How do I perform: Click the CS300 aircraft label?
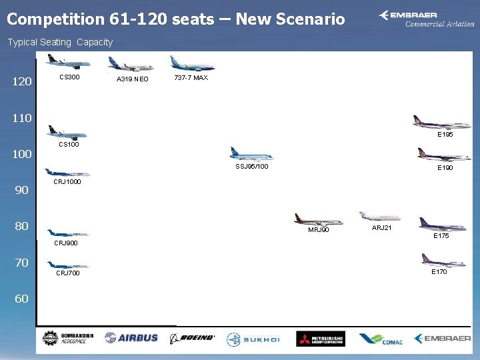[x=69, y=77]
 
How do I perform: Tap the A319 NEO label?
[x=133, y=80]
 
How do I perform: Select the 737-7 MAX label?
[x=191, y=77]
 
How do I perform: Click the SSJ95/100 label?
[x=252, y=167]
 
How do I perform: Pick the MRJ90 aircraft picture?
[x=318, y=219]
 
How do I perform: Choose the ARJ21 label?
[x=382, y=228]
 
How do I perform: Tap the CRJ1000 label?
[x=67, y=181]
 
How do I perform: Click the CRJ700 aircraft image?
[x=68, y=264]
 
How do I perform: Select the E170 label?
[x=439, y=272]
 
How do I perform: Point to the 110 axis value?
[x=22, y=119]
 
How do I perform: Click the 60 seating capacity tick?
[x=22, y=299]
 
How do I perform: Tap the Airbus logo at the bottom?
[x=131, y=338]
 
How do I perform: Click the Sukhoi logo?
[x=253, y=339]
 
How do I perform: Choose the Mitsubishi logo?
[x=321, y=339]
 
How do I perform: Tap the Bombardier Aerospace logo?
[x=67, y=338]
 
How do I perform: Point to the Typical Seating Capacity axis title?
[x=60, y=42]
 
